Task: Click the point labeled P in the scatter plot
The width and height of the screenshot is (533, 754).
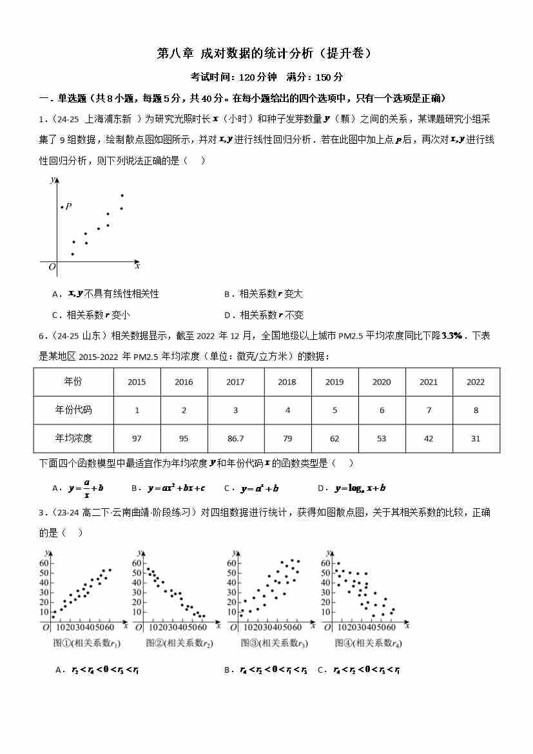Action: (62, 207)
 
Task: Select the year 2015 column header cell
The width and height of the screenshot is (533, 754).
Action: (137, 382)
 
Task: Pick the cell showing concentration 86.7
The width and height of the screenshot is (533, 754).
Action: (235, 439)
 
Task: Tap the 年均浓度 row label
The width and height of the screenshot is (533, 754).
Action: (73, 439)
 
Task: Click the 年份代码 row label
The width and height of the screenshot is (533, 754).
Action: (73, 410)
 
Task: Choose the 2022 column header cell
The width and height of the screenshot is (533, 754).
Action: (476, 382)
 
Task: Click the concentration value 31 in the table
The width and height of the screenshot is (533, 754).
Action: (476, 439)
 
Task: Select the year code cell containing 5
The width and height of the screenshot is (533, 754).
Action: (334, 410)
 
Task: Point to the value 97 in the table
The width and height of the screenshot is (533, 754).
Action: (137, 439)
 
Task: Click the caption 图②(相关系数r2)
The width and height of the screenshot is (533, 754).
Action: (180, 643)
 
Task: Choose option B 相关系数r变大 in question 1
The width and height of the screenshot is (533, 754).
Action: (264, 294)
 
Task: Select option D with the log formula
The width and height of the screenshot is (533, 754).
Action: (352, 488)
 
